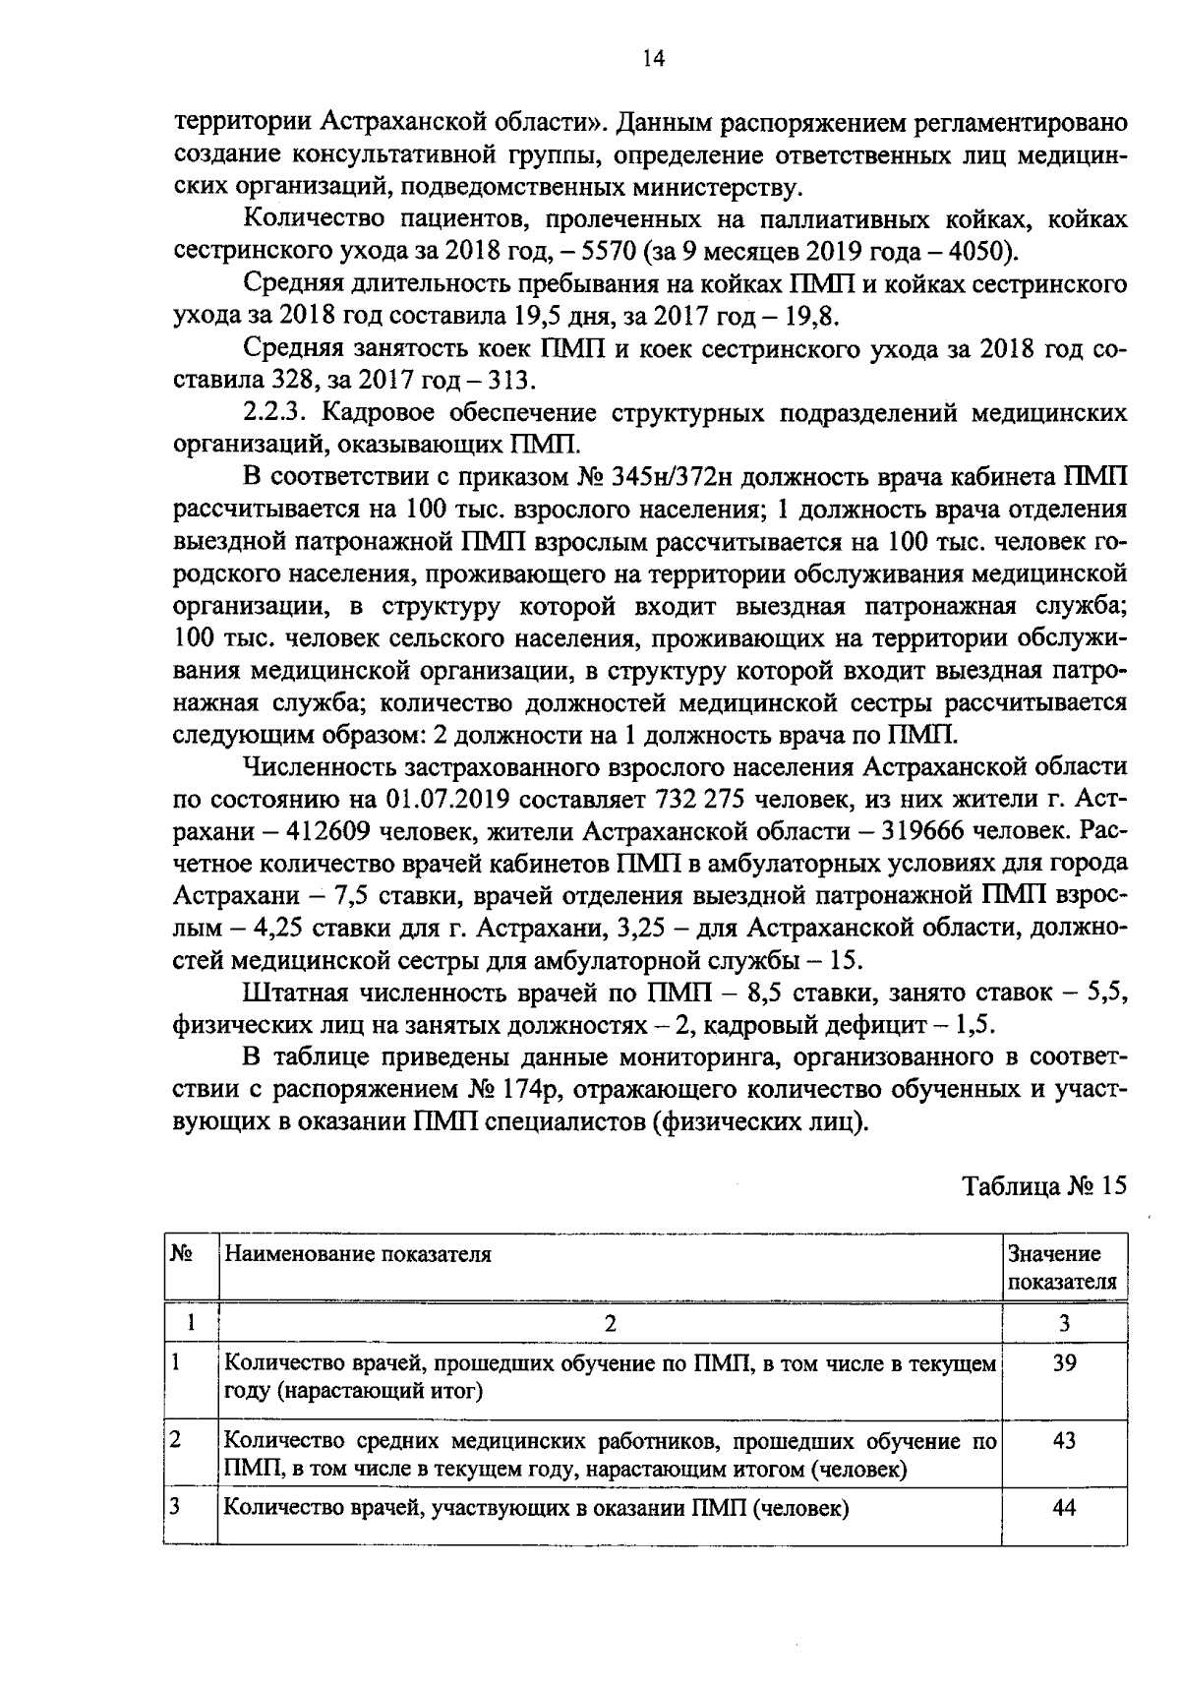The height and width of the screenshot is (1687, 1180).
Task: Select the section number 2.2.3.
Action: [x=274, y=412]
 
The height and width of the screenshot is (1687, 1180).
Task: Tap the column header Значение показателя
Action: [x=1063, y=1267]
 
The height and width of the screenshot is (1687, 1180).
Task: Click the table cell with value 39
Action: [x=1064, y=1364]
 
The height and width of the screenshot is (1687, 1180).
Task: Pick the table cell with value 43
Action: [x=1064, y=1441]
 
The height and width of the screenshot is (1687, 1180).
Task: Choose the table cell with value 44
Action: [x=1064, y=1508]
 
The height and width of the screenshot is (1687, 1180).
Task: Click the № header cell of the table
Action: [x=181, y=1254]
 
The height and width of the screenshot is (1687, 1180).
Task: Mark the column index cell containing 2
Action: [x=610, y=1324]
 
